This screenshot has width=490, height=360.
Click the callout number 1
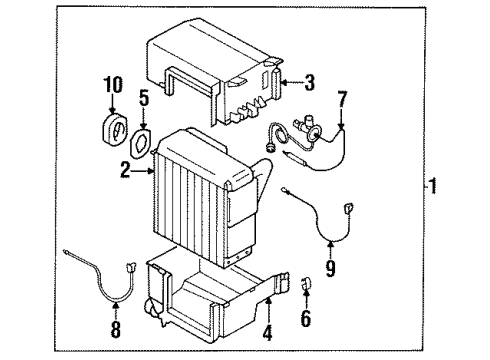[x=433, y=185]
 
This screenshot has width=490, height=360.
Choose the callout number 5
[x=144, y=98]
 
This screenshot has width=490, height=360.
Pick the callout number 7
[x=343, y=99]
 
